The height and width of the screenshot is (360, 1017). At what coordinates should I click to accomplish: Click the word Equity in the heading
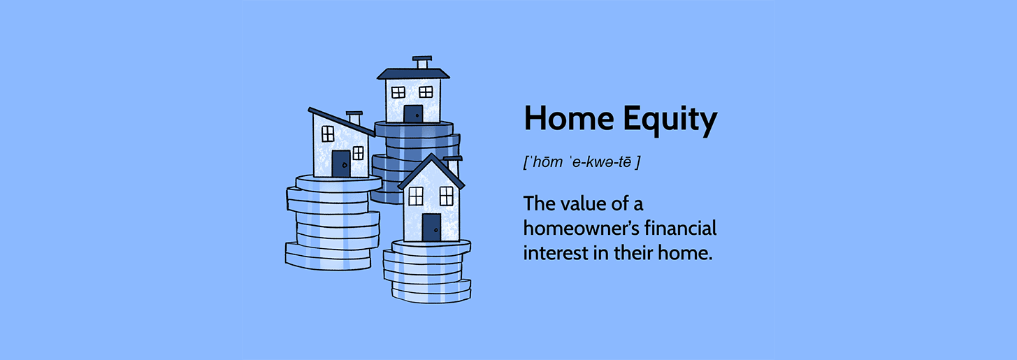tap(670, 120)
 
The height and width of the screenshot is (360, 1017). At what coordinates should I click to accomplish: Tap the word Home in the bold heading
tap(570, 117)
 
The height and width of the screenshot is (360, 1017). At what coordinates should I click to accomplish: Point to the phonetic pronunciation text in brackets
tap(582, 162)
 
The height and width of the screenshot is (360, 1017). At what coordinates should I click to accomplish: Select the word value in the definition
tap(584, 203)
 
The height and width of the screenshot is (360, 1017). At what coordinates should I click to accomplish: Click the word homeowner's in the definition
tap(581, 228)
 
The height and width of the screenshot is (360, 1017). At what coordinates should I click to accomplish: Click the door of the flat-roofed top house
tap(413, 114)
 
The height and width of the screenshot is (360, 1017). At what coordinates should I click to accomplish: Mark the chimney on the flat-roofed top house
tap(422, 62)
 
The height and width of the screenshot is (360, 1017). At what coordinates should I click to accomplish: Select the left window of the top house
tap(398, 92)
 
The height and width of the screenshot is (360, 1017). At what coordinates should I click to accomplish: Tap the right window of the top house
tap(426, 92)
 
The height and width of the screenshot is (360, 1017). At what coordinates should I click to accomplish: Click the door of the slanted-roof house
tap(341, 164)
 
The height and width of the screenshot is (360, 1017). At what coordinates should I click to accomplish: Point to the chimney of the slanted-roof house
tap(354, 118)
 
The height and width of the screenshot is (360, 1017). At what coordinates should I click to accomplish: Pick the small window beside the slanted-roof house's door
tap(358, 153)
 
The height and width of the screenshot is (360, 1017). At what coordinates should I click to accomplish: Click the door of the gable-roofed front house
tap(431, 227)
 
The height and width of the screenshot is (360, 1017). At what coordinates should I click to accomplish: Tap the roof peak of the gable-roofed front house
tap(431, 156)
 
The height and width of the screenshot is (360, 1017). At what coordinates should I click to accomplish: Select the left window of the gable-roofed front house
tap(416, 196)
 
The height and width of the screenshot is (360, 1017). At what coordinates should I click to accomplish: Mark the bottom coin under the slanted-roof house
tap(328, 263)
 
